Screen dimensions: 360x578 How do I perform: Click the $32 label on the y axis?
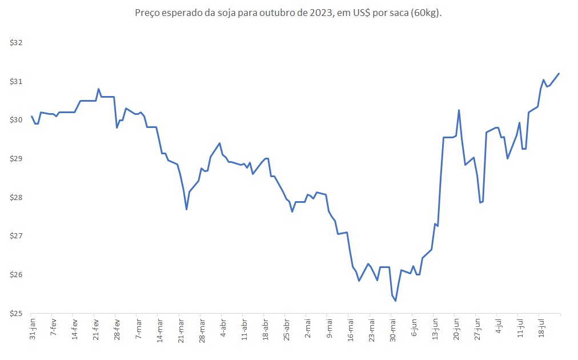pyautogui.click(x=15, y=43)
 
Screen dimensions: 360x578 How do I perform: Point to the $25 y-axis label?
pyautogui.click(x=15, y=314)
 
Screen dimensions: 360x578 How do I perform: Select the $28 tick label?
pyautogui.click(x=15, y=198)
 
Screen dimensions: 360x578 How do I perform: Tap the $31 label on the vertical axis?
pyautogui.click(x=15, y=82)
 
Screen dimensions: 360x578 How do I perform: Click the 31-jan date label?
pyautogui.click(x=33, y=329)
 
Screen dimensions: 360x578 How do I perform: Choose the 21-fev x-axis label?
pyautogui.click(x=96, y=329)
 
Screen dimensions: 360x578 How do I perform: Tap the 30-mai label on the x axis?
pyautogui.click(x=392, y=329)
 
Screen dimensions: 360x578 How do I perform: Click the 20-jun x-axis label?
pyautogui.click(x=456, y=329)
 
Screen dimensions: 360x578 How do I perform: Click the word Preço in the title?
pyautogui.click(x=148, y=13)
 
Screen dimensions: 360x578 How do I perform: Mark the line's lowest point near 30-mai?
pyautogui.click(x=396, y=301)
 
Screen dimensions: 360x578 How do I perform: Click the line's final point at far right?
pyautogui.click(x=559, y=73)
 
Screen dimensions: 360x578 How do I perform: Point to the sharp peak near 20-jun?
pyautogui.click(x=459, y=110)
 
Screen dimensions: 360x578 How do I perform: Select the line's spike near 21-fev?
pyautogui.click(x=99, y=89)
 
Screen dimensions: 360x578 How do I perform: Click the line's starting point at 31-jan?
pyautogui.click(x=32, y=116)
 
